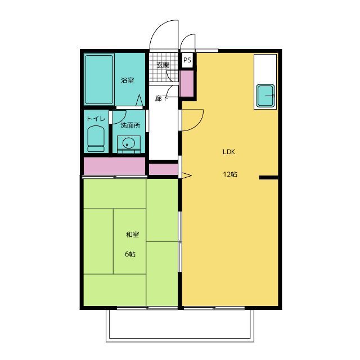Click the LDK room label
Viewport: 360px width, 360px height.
pyautogui.click(x=229, y=152)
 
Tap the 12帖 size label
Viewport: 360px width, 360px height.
pyautogui.click(x=230, y=174)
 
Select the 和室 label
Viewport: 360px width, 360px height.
pyautogui.click(x=133, y=235)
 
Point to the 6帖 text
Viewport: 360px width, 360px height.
pyautogui.click(x=130, y=254)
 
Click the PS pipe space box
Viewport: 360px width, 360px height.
pyautogui.click(x=187, y=60)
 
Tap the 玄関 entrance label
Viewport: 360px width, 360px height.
pyautogui.click(x=163, y=65)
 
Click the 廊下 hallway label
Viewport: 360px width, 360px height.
pyautogui.click(x=161, y=98)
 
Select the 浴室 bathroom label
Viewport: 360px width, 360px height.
pyautogui.click(x=128, y=80)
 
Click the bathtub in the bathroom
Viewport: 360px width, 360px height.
pyautogui.click(x=99, y=79)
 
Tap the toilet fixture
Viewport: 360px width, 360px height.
pyautogui.click(x=96, y=138)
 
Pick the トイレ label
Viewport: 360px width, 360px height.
pyautogui.click(x=96, y=119)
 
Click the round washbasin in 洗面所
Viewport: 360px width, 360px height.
pyautogui.click(x=128, y=143)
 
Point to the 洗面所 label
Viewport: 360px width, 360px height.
pyautogui.click(x=130, y=125)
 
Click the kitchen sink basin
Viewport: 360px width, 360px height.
pyautogui.click(x=265, y=96)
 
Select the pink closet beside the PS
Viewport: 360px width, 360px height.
pyautogui.click(x=187, y=84)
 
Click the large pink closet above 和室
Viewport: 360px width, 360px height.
pyautogui.click(x=114, y=166)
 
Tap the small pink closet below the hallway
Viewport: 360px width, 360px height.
pyautogui.click(x=164, y=169)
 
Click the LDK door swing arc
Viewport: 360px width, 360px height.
pyautogui.click(x=199, y=124)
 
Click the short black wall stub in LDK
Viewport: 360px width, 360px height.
pyautogui.click(x=269, y=178)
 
